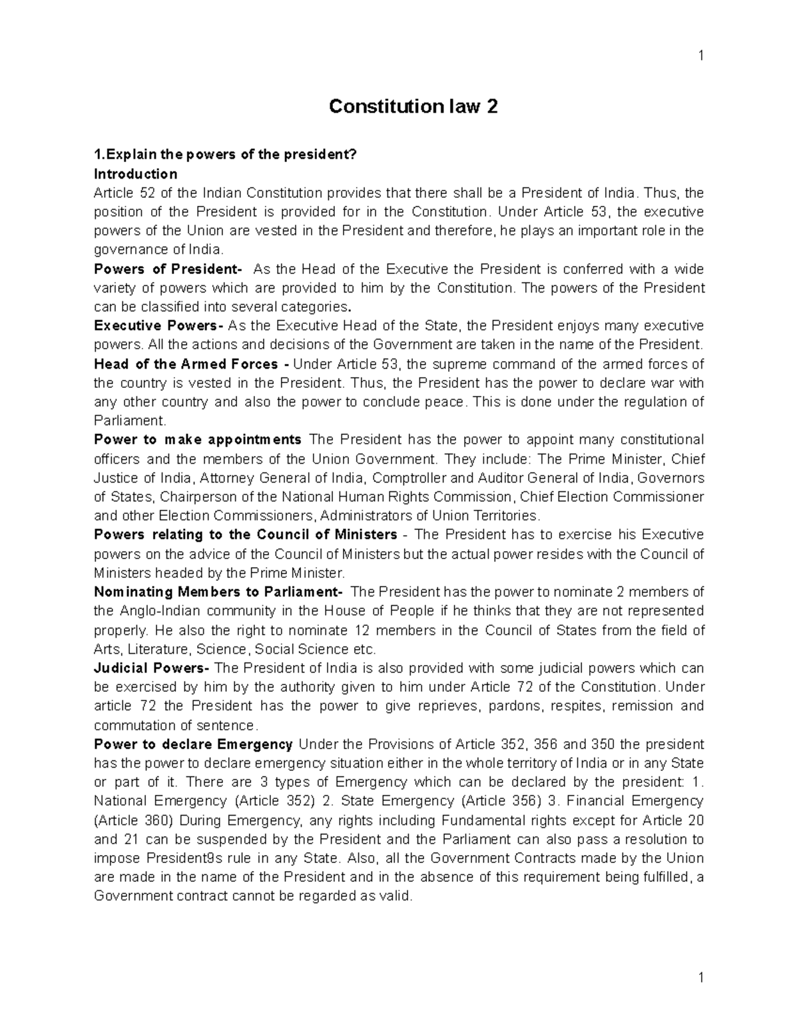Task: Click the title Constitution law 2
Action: click(413, 107)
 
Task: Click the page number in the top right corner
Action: click(700, 56)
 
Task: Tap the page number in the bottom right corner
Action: click(700, 978)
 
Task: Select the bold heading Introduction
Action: click(136, 174)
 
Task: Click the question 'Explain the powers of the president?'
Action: click(226, 155)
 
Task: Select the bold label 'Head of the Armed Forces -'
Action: click(191, 364)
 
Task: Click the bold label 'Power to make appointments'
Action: click(198, 440)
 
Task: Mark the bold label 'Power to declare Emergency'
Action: click(194, 744)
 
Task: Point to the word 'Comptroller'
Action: click(409, 478)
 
